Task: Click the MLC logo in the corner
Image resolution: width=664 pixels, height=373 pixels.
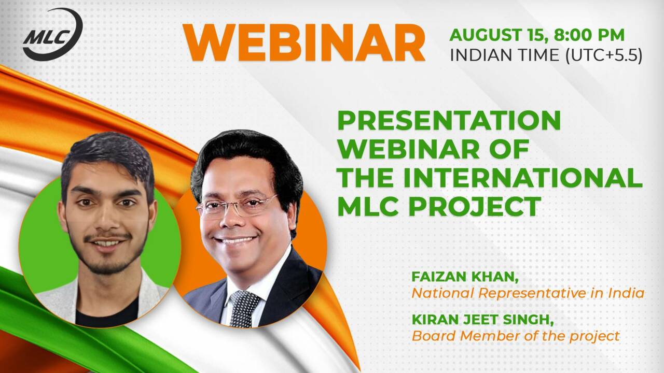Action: point(53,34)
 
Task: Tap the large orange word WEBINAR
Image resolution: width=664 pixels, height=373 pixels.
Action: point(304,43)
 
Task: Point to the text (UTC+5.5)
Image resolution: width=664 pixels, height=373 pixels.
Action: point(604,55)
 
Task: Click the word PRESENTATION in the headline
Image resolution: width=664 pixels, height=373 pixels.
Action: point(449,121)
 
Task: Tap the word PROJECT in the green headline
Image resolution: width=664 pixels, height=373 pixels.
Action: point(475,206)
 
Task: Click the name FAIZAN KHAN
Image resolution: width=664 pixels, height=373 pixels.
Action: point(465,277)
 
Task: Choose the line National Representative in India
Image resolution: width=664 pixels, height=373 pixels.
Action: point(528,293)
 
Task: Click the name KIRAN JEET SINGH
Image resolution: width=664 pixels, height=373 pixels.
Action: point(482,320)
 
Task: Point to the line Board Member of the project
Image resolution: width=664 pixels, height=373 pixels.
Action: point(516,336)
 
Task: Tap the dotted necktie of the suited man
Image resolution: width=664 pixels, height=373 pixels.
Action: point(244,308)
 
